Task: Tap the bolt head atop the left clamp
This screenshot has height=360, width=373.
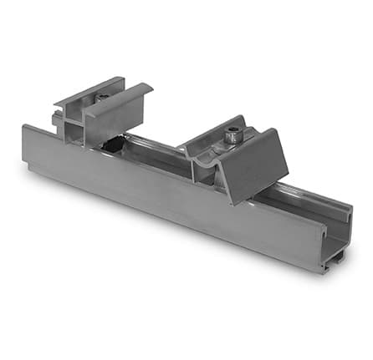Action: (x=101, y=97)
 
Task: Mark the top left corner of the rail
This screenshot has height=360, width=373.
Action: (x=24, y=127)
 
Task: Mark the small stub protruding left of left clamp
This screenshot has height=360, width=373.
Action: (x=56, y=122)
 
